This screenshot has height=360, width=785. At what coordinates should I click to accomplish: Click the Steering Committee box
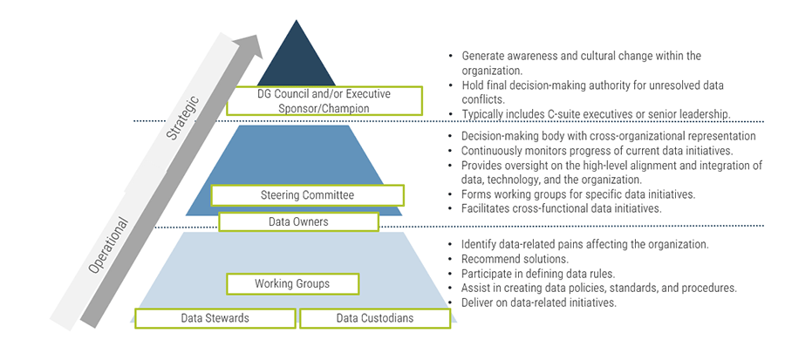tap(307, 195)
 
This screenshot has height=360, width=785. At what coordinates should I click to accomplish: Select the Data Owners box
tap(298, 222)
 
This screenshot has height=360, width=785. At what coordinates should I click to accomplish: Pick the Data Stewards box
tap(215, 318)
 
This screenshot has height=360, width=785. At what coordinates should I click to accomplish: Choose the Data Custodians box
tap(375, 318)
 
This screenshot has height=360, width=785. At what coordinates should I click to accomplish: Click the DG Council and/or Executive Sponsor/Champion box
tap(324, 101)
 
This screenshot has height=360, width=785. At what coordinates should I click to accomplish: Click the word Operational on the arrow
tap(108, 246)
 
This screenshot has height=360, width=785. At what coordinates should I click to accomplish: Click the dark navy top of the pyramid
tap(294, 61)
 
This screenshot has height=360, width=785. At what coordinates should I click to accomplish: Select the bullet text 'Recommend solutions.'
tap(507, 260)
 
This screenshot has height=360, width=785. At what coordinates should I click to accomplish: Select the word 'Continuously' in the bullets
tap(495, 151)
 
